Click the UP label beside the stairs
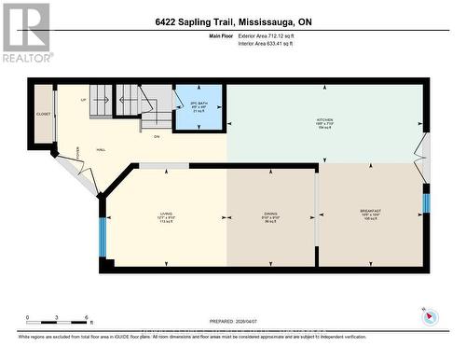tap(85, 99)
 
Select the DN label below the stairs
tap(157, 136)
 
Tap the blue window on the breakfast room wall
tap(426, 201)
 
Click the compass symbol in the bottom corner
tap(430, 316)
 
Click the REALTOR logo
tap(25, 32)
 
